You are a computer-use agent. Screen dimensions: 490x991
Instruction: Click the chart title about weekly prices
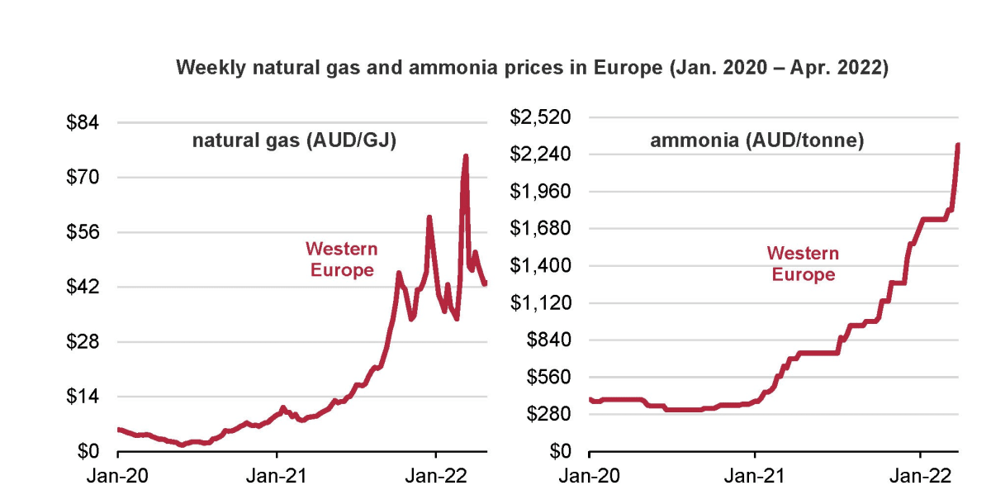coord(532,68)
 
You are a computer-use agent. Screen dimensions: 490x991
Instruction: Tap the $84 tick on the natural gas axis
coord(83,123)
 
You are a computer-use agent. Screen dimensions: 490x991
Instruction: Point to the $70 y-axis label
coord(83,178)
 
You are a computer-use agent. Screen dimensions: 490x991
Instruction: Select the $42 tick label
coord(83,288)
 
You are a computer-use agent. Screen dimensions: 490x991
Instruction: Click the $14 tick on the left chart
coord(83,397)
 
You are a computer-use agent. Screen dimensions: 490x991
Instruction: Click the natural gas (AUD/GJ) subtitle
coord(295,141)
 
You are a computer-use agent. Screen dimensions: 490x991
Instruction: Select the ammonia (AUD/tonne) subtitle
coord(757,141)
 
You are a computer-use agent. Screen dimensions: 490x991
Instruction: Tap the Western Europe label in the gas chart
coord(341,259)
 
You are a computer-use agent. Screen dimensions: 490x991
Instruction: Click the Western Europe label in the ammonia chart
coord(803,264)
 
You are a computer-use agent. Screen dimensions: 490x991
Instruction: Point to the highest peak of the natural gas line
coord(466,156)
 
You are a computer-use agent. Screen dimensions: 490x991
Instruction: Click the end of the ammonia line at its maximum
coord(958,145)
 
